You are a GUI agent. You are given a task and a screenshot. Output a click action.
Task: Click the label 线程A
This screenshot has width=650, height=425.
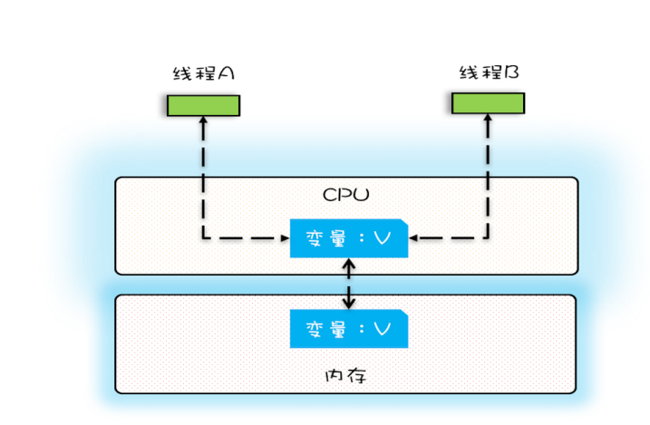tap(204, 73)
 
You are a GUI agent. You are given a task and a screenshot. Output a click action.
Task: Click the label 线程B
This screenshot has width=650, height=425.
tap(489, 72)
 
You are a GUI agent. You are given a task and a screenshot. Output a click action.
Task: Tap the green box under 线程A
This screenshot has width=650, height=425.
tap(203, 105)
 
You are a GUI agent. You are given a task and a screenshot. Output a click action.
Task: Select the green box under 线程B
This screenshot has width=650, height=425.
tap(489, 103)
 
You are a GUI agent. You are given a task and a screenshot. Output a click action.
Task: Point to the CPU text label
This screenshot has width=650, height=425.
tap(346, 195)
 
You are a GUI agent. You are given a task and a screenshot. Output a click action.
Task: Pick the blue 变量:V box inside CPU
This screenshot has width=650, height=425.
tap(348, 238)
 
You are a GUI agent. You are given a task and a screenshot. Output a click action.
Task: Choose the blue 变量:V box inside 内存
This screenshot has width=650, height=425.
tap(348, 329)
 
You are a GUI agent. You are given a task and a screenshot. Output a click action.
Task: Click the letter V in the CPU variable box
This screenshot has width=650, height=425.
tap(382, 238)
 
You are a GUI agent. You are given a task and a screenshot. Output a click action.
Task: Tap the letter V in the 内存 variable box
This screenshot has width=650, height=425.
tap(382, 329)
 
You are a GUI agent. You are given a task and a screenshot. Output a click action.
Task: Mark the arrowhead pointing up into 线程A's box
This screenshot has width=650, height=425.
tap(203, 122)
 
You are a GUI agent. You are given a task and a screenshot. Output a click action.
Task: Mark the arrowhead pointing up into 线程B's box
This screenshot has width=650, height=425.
tap(489, 121)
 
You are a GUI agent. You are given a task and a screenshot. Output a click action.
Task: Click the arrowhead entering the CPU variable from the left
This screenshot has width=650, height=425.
tap(283, 239)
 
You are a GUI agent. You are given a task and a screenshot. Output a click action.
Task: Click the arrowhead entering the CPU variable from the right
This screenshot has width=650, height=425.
tap(414, 239)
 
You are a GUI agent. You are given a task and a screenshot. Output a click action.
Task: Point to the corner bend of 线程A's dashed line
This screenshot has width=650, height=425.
tap(203, 239)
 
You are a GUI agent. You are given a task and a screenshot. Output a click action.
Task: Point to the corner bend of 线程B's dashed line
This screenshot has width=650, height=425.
tap(489, 239)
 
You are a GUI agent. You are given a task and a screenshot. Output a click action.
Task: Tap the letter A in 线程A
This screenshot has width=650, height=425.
tap(227, 73)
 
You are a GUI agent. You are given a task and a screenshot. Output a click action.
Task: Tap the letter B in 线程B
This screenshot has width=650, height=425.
tap(511, 72)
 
